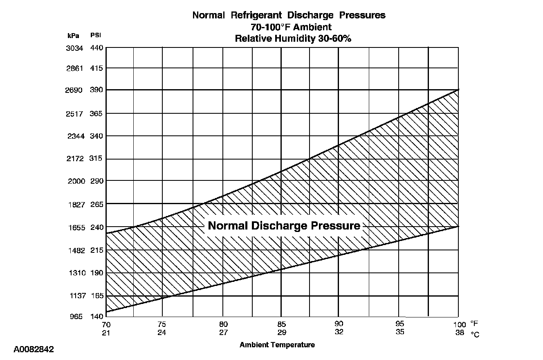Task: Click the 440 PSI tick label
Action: (x=96, y=48)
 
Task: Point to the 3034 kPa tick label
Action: (x=74, y=48)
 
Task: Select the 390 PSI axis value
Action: (x=96, y=90)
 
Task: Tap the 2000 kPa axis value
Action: (x=76, y=181)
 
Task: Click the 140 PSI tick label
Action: (x=96, y=317)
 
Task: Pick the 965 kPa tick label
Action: (x=75, y=317)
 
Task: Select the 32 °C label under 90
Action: (x=339, y=332)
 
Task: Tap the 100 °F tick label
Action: (x=459, y=324)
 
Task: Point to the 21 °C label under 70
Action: (x=106, y=332)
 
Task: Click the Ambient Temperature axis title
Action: (x=277, y=345)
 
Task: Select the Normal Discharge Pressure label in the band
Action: (x=284, y=226)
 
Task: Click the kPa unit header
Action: (x=74, y=36)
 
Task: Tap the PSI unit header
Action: (x=96, y=36)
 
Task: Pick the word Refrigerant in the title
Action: (x=256, y=16)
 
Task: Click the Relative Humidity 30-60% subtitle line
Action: (x=293, y=39)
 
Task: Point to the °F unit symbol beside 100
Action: (x=474, y=323)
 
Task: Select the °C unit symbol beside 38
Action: (x=475, y=334)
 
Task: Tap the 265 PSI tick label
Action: (x=96, y=204)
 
